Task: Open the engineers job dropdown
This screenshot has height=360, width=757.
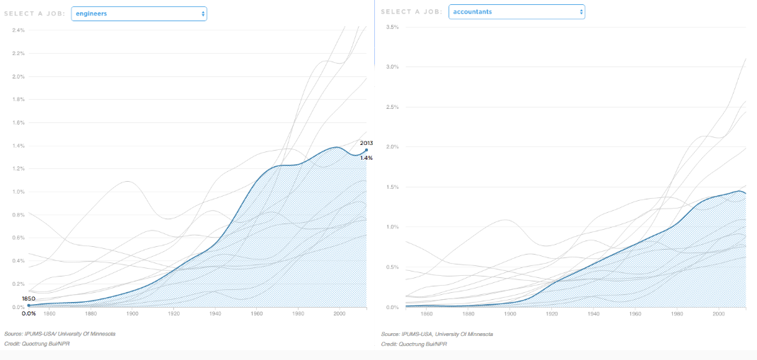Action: coord(139,13)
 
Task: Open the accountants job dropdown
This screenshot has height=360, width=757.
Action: coord(516,11)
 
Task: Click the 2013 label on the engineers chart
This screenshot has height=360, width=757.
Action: coord(366,143)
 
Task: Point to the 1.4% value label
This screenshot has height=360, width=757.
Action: coord(366,158)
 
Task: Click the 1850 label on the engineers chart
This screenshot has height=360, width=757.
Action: coord(28,298)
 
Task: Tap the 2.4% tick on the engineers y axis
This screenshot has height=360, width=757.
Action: coord(18,30)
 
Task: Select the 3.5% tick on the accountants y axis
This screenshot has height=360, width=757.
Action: coord(392,27)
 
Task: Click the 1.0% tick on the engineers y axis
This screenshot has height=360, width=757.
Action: coord(18,192)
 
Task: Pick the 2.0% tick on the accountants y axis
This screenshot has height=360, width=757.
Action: coord(392,147)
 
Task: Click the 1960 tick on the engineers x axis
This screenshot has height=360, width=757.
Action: coord(257,313)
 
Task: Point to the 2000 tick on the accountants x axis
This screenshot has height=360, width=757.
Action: coord(718,313)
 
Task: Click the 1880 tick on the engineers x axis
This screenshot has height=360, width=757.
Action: coord(91,313)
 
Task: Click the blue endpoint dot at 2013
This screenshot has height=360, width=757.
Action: coord(366,150)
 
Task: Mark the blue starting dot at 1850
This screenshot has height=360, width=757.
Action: coord(28,306)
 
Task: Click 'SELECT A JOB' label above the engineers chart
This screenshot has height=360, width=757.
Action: coord(35,13)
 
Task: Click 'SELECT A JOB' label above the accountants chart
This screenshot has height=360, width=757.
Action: coord(412,11)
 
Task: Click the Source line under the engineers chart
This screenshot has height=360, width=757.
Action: coord(59,333)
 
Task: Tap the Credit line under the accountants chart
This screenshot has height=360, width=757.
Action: coord(414,344)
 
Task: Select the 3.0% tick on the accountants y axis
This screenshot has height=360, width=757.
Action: coord(392,66)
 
